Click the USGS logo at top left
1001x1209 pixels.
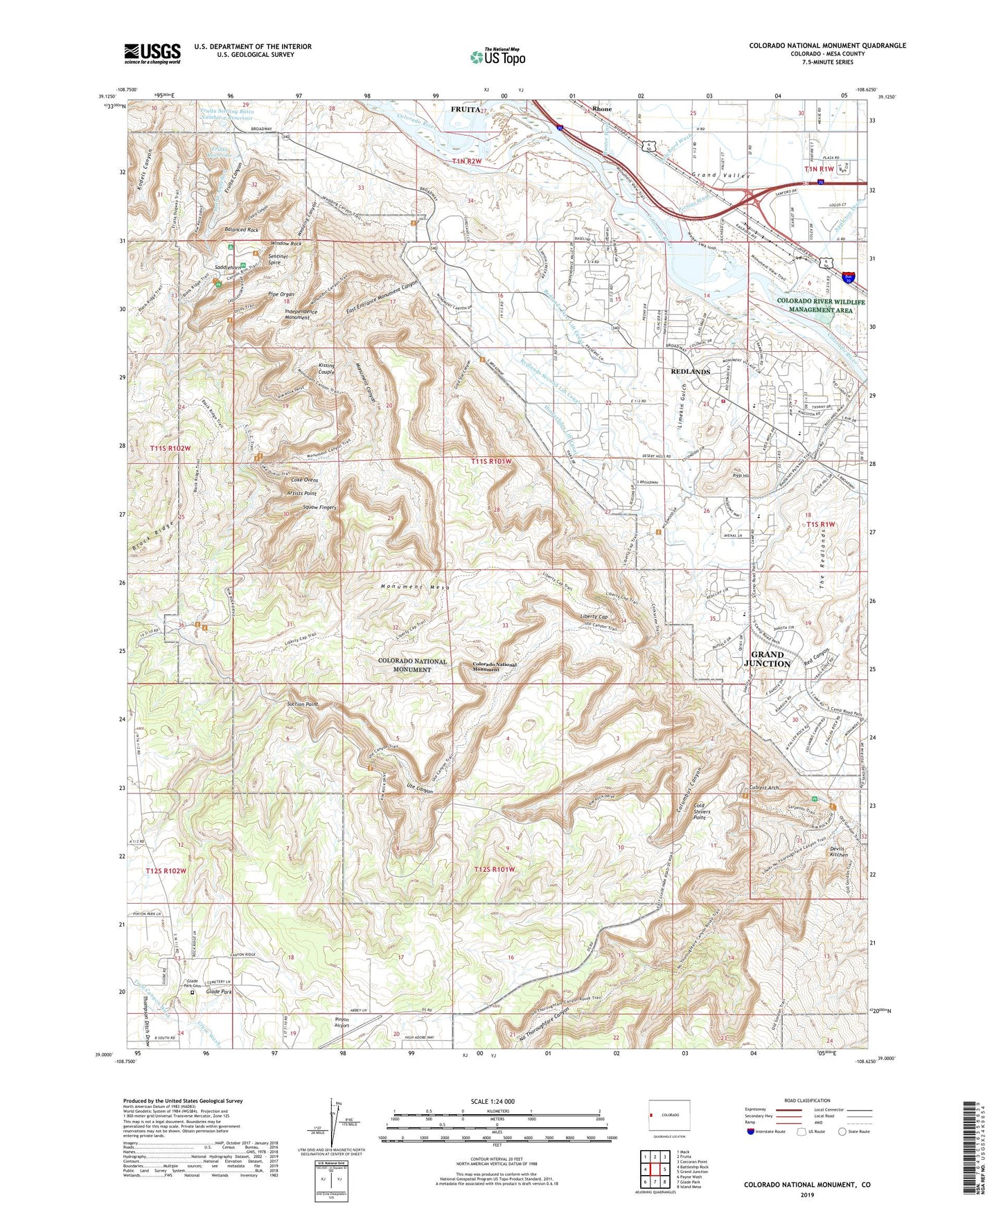[152, 53]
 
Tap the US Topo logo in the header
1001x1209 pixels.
[497, 57]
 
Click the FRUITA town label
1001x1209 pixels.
[465, 109]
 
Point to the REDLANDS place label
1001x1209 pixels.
[690, 372]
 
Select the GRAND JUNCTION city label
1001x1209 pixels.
[767, 659]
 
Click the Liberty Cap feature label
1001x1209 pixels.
[594, 616]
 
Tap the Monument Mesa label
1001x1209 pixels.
[415, 586]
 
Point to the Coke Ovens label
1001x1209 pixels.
[305, 480]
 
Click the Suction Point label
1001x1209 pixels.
[302, 704]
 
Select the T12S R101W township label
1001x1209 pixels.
[495, 869]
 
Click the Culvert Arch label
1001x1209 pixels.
[764, 788]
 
